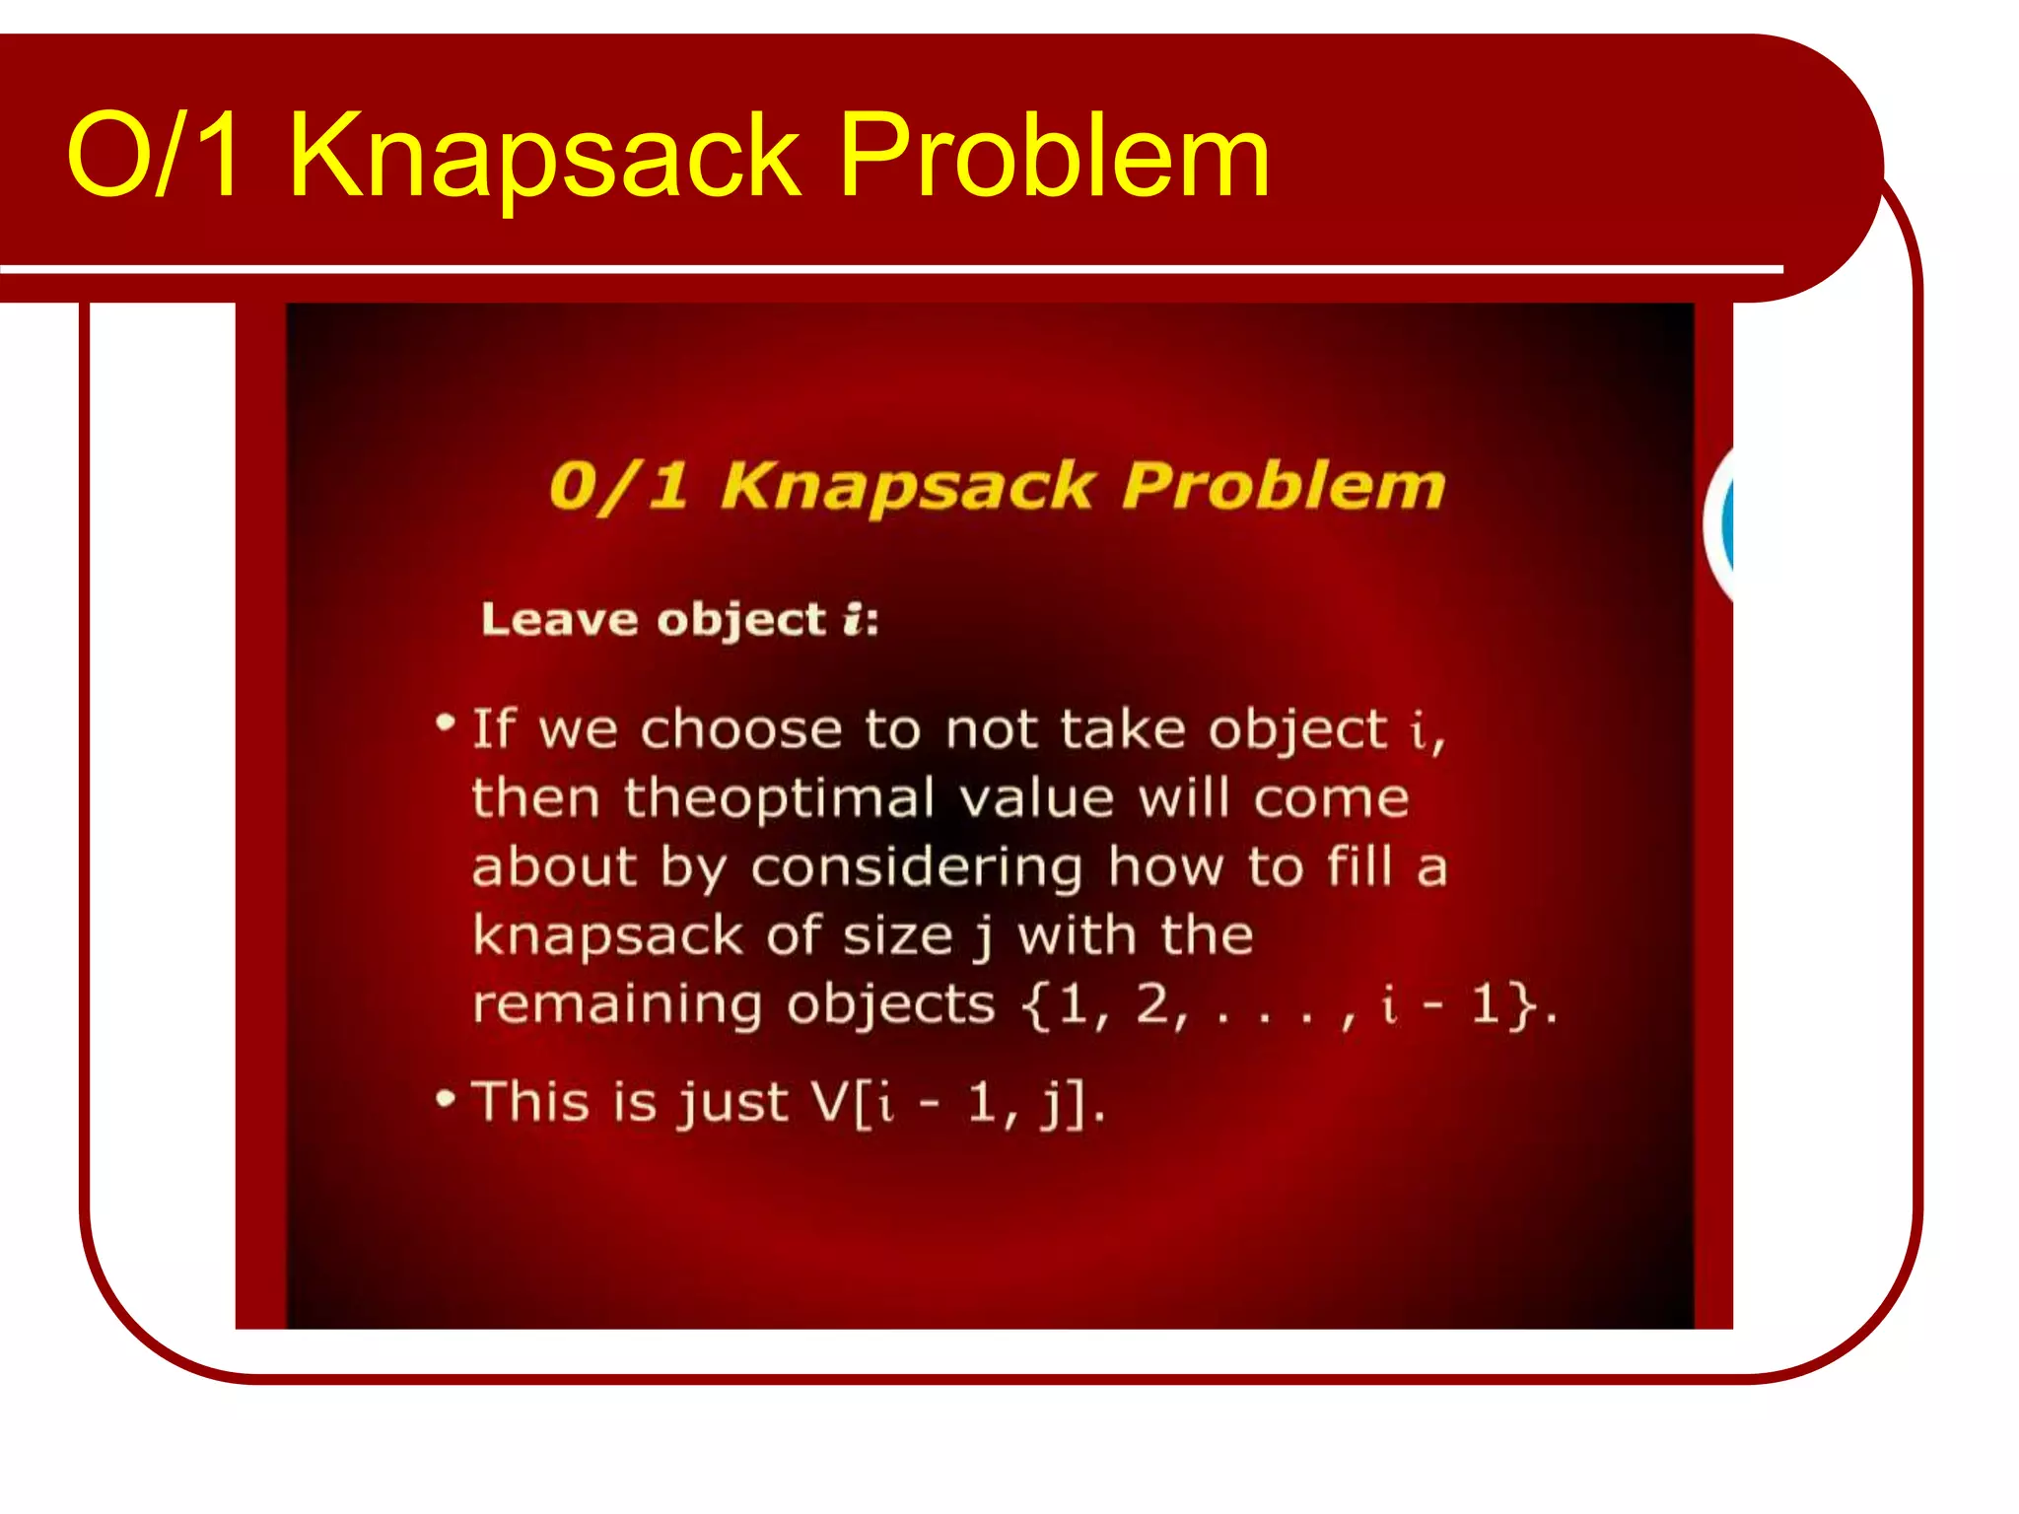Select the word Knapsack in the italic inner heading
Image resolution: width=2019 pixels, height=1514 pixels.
pos(907,487)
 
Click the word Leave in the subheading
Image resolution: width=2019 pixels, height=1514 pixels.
pos(559,620)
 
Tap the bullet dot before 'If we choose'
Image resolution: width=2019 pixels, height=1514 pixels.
pos(446,723)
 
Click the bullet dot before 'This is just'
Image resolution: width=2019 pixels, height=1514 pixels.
pos(446,1098)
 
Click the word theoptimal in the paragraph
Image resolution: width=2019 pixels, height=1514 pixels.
pos(779,798)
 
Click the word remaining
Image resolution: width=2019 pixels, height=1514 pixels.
pos(617,1005)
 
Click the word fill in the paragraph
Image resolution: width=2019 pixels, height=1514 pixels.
pos(1360,867)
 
